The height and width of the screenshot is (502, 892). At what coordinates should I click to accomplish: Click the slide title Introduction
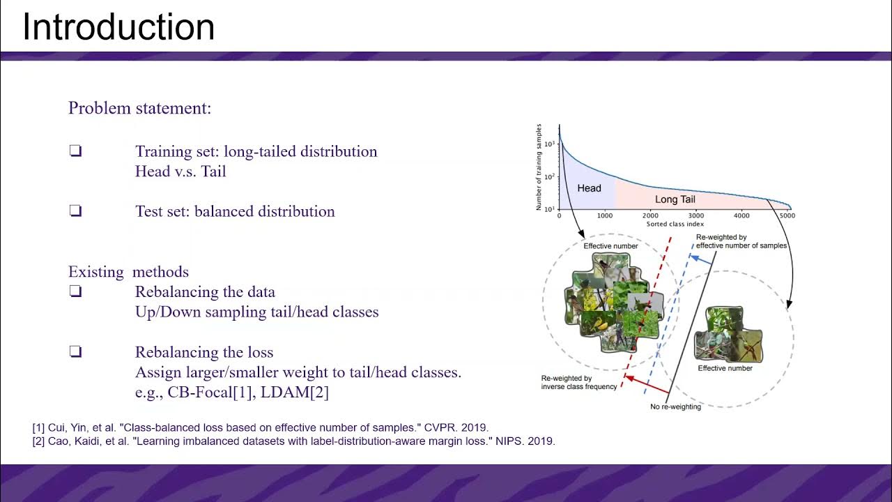(118, 28)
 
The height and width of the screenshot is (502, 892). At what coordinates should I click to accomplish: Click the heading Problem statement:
(139, 108)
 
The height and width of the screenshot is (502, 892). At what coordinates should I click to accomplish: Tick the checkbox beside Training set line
(75, 151)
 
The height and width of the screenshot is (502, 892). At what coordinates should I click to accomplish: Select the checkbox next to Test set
(75, 211)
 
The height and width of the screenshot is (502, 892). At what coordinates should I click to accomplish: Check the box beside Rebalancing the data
(75, 292)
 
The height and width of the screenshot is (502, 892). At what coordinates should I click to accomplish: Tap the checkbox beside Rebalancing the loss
(75, 352)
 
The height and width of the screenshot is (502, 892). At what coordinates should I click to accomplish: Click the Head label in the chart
(589, 188)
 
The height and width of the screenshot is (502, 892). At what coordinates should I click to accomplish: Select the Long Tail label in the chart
(675, 199)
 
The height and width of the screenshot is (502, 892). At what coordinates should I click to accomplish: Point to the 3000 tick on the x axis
(696, 216)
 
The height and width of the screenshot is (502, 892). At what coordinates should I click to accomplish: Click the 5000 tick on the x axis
(787, 216)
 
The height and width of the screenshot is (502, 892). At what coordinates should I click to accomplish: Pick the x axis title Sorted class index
(675, 225)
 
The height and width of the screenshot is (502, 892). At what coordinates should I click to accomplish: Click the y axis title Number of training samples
(539, 167)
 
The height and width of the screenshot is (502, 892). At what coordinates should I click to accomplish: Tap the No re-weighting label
(675, 406)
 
